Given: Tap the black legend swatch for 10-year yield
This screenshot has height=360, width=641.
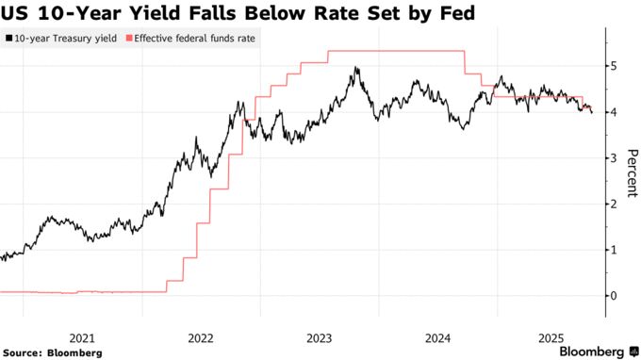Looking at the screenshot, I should coord(8,40).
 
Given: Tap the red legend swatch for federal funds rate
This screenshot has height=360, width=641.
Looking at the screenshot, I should coord(129,40).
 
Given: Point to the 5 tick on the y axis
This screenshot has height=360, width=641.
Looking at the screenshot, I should coord(613,67).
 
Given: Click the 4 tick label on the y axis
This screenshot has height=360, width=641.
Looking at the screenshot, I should coord(613,113).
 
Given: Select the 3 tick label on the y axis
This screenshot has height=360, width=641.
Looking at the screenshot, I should coord(613,158).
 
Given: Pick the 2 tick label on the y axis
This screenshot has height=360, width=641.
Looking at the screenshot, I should coord(613,205).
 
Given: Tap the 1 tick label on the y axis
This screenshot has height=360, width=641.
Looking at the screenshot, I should coord(613,250).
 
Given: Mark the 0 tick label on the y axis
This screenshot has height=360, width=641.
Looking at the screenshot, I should coord(613,296).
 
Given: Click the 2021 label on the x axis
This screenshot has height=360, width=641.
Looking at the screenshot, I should coord(82,336).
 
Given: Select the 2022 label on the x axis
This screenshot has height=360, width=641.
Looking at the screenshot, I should coord(201,336).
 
